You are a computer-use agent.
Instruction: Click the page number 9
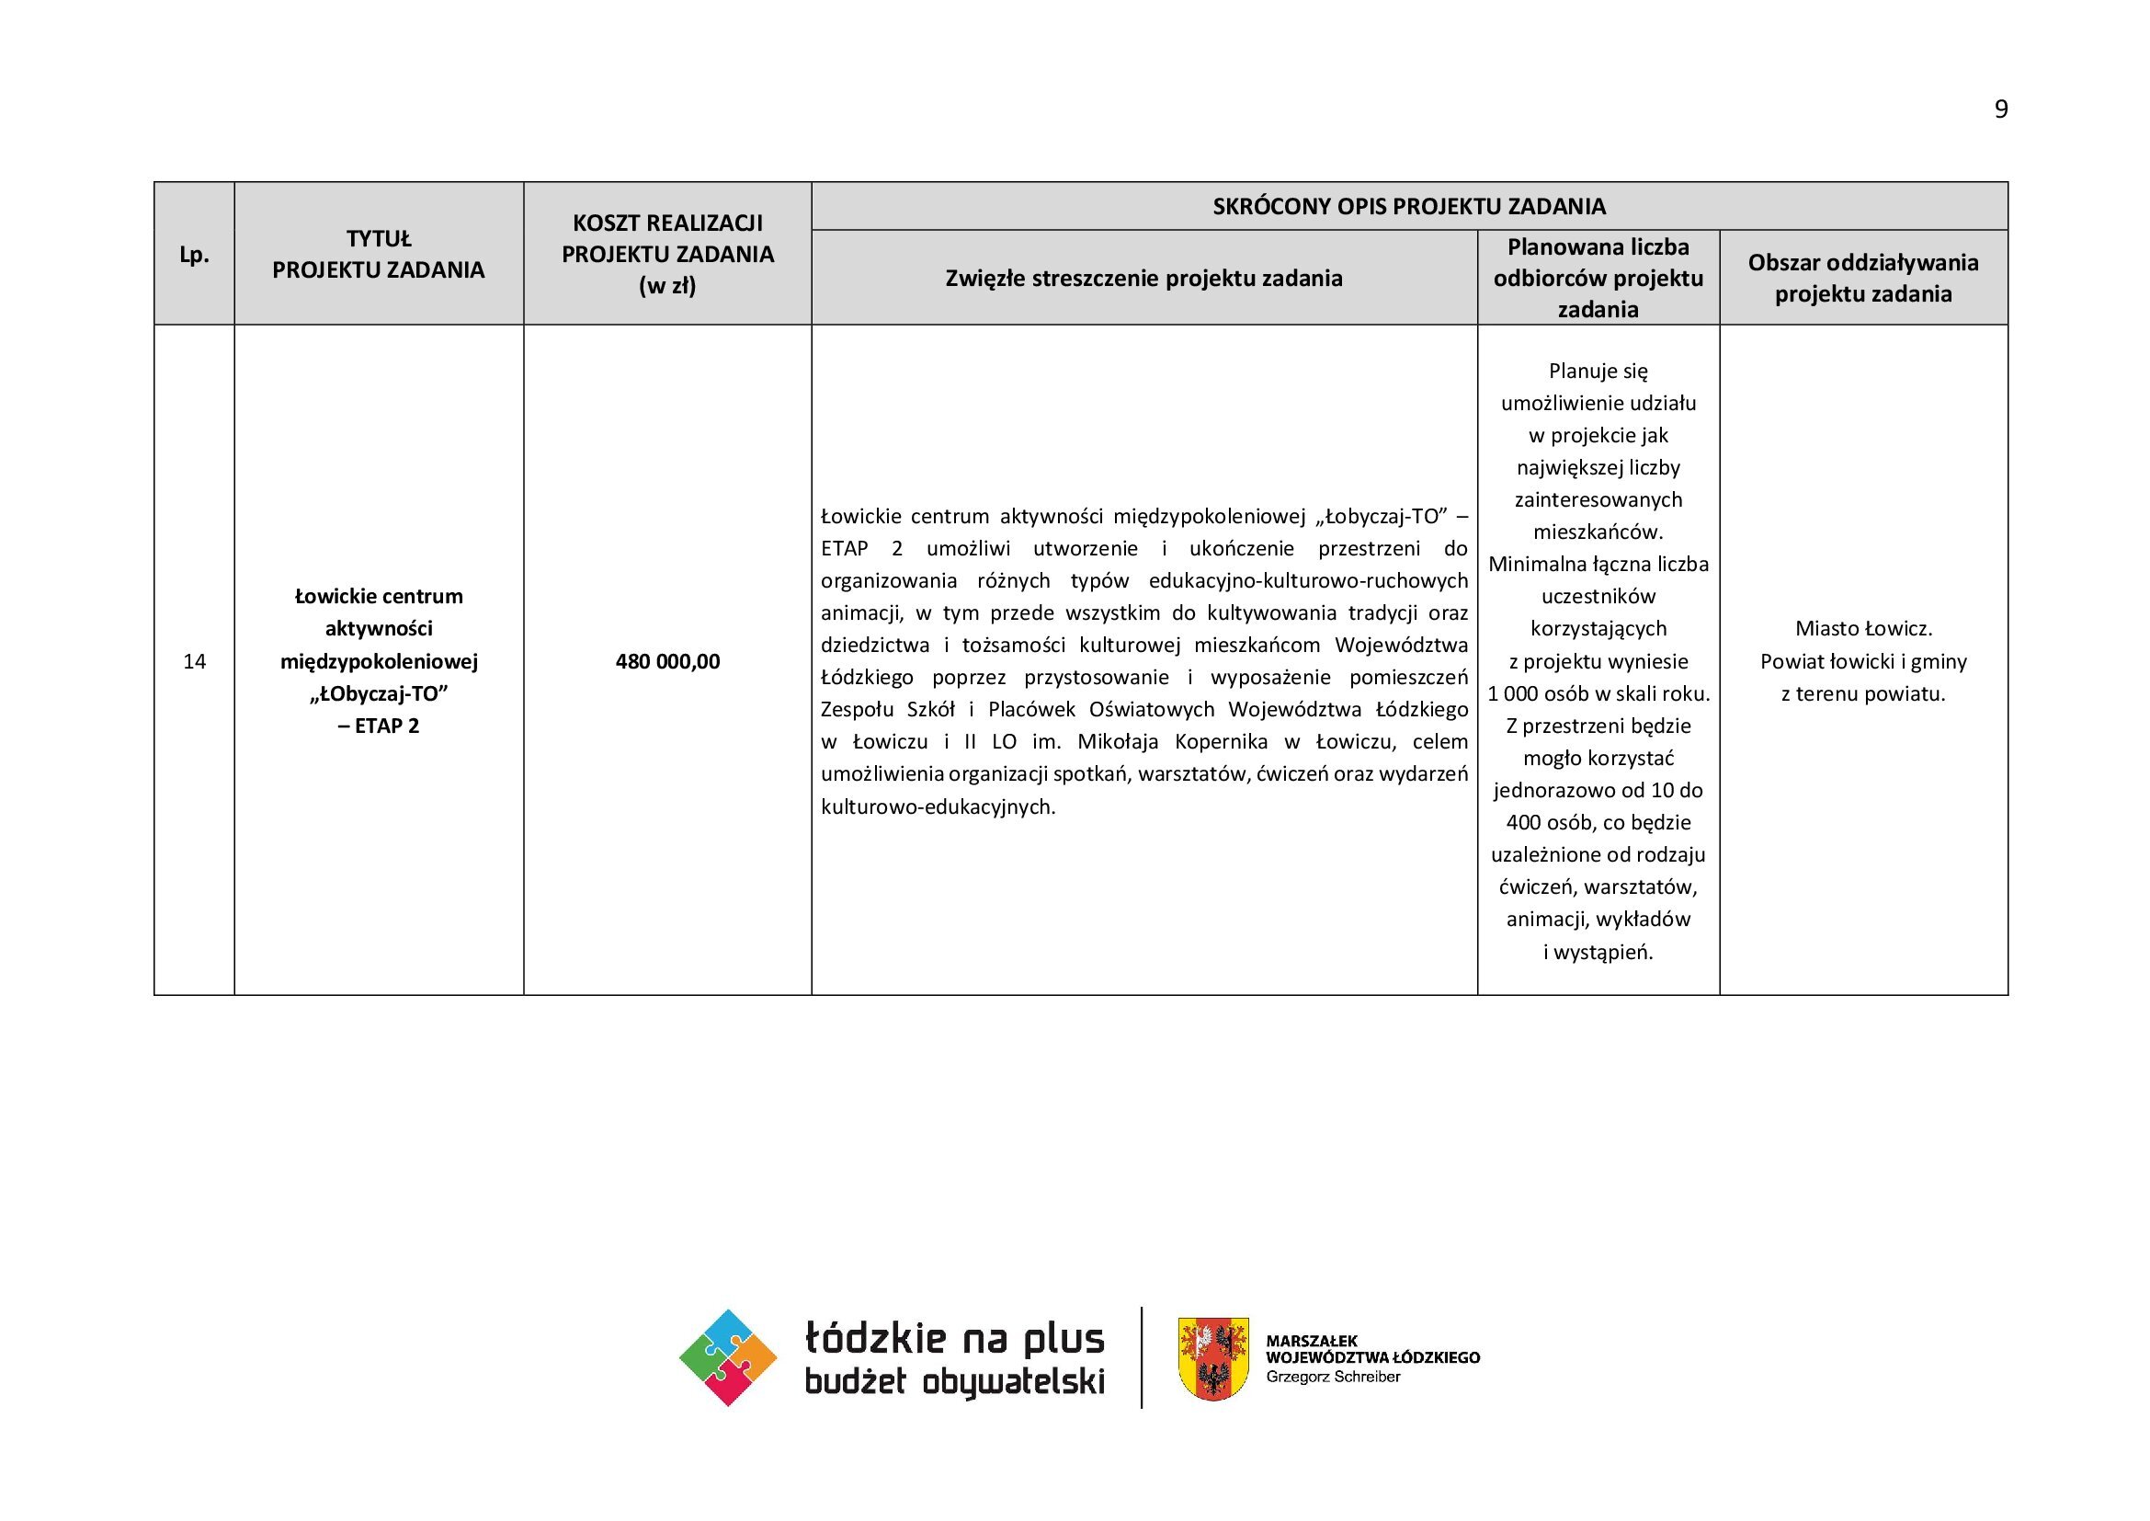[2001, 109]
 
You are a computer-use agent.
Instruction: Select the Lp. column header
[194, 255]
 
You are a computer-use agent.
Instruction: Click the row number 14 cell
[194, 661]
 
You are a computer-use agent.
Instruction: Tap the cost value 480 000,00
[667, 661]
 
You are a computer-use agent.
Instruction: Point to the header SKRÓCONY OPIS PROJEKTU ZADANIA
[1408, 206]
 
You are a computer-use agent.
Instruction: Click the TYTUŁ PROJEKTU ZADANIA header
[379, 255]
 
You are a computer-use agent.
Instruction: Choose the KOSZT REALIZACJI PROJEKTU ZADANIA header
[667, 254]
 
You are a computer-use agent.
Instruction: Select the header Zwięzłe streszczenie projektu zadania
[1143, 278]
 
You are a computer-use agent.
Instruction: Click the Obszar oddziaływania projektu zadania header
[1862, 278]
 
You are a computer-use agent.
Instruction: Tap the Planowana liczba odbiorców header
[1598, 278]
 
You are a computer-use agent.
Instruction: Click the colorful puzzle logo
[728, 1357]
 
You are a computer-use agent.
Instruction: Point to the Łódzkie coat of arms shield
[1212, 1358]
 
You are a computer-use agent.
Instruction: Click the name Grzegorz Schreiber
[1333, 1377]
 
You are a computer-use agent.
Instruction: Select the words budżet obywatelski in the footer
[954, 1382]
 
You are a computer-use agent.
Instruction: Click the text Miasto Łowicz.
[1863, 628]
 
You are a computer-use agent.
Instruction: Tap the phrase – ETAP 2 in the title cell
[379, 726]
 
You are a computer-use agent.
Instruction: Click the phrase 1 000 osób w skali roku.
[1598, 694]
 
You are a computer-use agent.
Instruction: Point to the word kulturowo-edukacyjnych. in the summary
[938, 806]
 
